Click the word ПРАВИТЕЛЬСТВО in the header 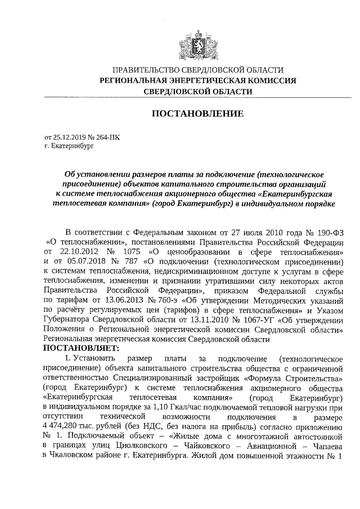pyautogui.click(x=145, y=70)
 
